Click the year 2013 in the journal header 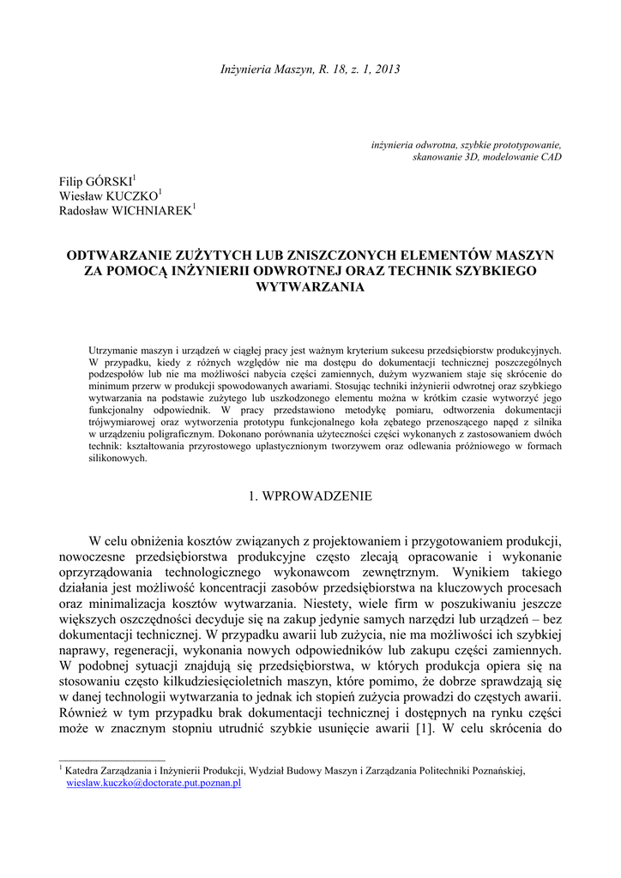(387, 69)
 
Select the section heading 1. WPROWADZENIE (310, 496)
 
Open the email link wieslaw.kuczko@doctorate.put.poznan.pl (154, 784)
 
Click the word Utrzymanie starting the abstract (117, 351)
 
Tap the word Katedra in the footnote (84, 771)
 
